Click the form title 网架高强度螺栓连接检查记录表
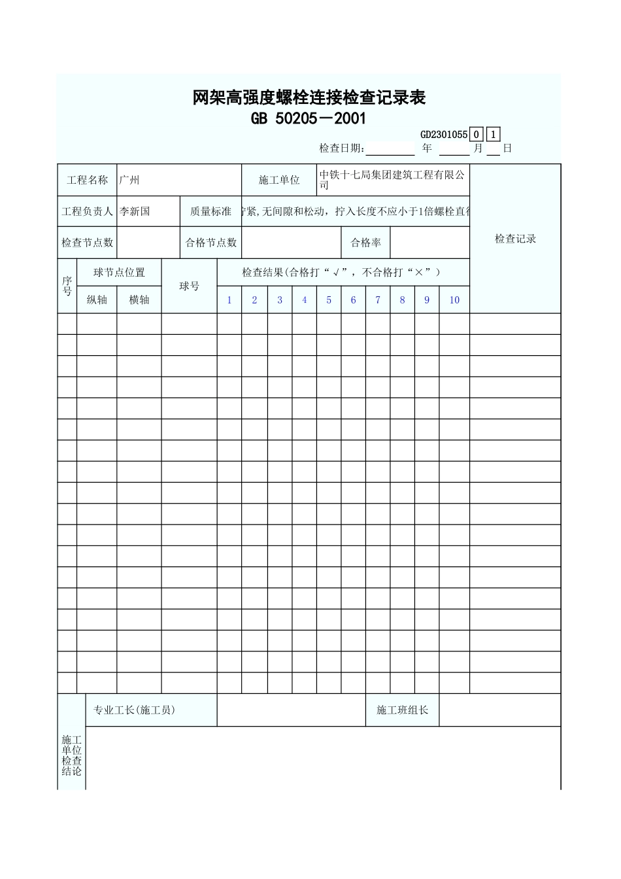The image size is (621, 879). pyautogui.click(x=309, y=98)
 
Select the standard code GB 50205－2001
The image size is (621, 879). pyautogui.click(x=309, y=119)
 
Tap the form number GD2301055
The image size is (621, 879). pyautogui.click(x=443, y=135)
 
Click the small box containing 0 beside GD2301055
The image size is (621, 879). pyautogui.click(x=477, y=135)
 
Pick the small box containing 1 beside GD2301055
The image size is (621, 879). pyautogui.click(x=494, y=135)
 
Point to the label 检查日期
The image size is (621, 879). pyautogui.click(x=342, y=148)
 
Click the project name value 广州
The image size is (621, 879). pyautogui.click(x=129, y=180)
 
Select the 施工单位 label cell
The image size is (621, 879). pyautogui.click(x=279, y=180)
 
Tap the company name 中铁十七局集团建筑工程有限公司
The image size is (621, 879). pyautogui.click(x=392, y=180)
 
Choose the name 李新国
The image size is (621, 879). pyautogui.click(x=135, y=211)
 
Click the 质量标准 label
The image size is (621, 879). pyautogui.click(x=210, y=211)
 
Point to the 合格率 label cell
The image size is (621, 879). pyautogui.click(x=365, y=243)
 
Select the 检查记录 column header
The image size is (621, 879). pyautogui.click(x=515, y=239)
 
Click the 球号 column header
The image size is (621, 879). pyautogui.click(x=189, y=286)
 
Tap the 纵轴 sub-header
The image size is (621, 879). pyautogui.click(x=97, y=300)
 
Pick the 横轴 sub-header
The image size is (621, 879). pyautogui.click(x=139, y=300)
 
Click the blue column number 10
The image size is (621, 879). pyautogui.click(x=454, y=300)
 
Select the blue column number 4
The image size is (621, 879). pyautogui.click(x=304, y=300)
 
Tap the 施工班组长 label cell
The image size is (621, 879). pyautogui.click(x=402, y=710)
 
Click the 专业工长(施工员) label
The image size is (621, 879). pyautogui.click(x=134, y=710)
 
